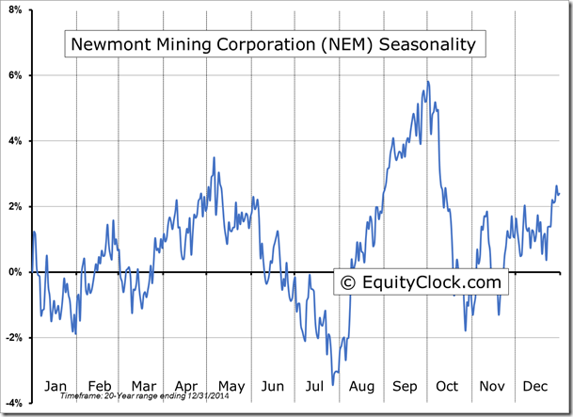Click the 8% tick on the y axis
point(16,9)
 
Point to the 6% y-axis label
point(16,75)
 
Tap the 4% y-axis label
point(16,141)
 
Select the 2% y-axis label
point(16,207)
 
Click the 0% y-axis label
point(16,272)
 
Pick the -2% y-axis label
point(14,338)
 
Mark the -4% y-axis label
point(14,403)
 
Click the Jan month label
point(56,385)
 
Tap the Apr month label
point(186,385)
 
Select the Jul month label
point(316,385)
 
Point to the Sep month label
point(406,385)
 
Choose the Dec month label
point(536,385)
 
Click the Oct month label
point(448,385)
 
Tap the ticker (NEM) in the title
point(342,44)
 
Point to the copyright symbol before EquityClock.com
point(348,281)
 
